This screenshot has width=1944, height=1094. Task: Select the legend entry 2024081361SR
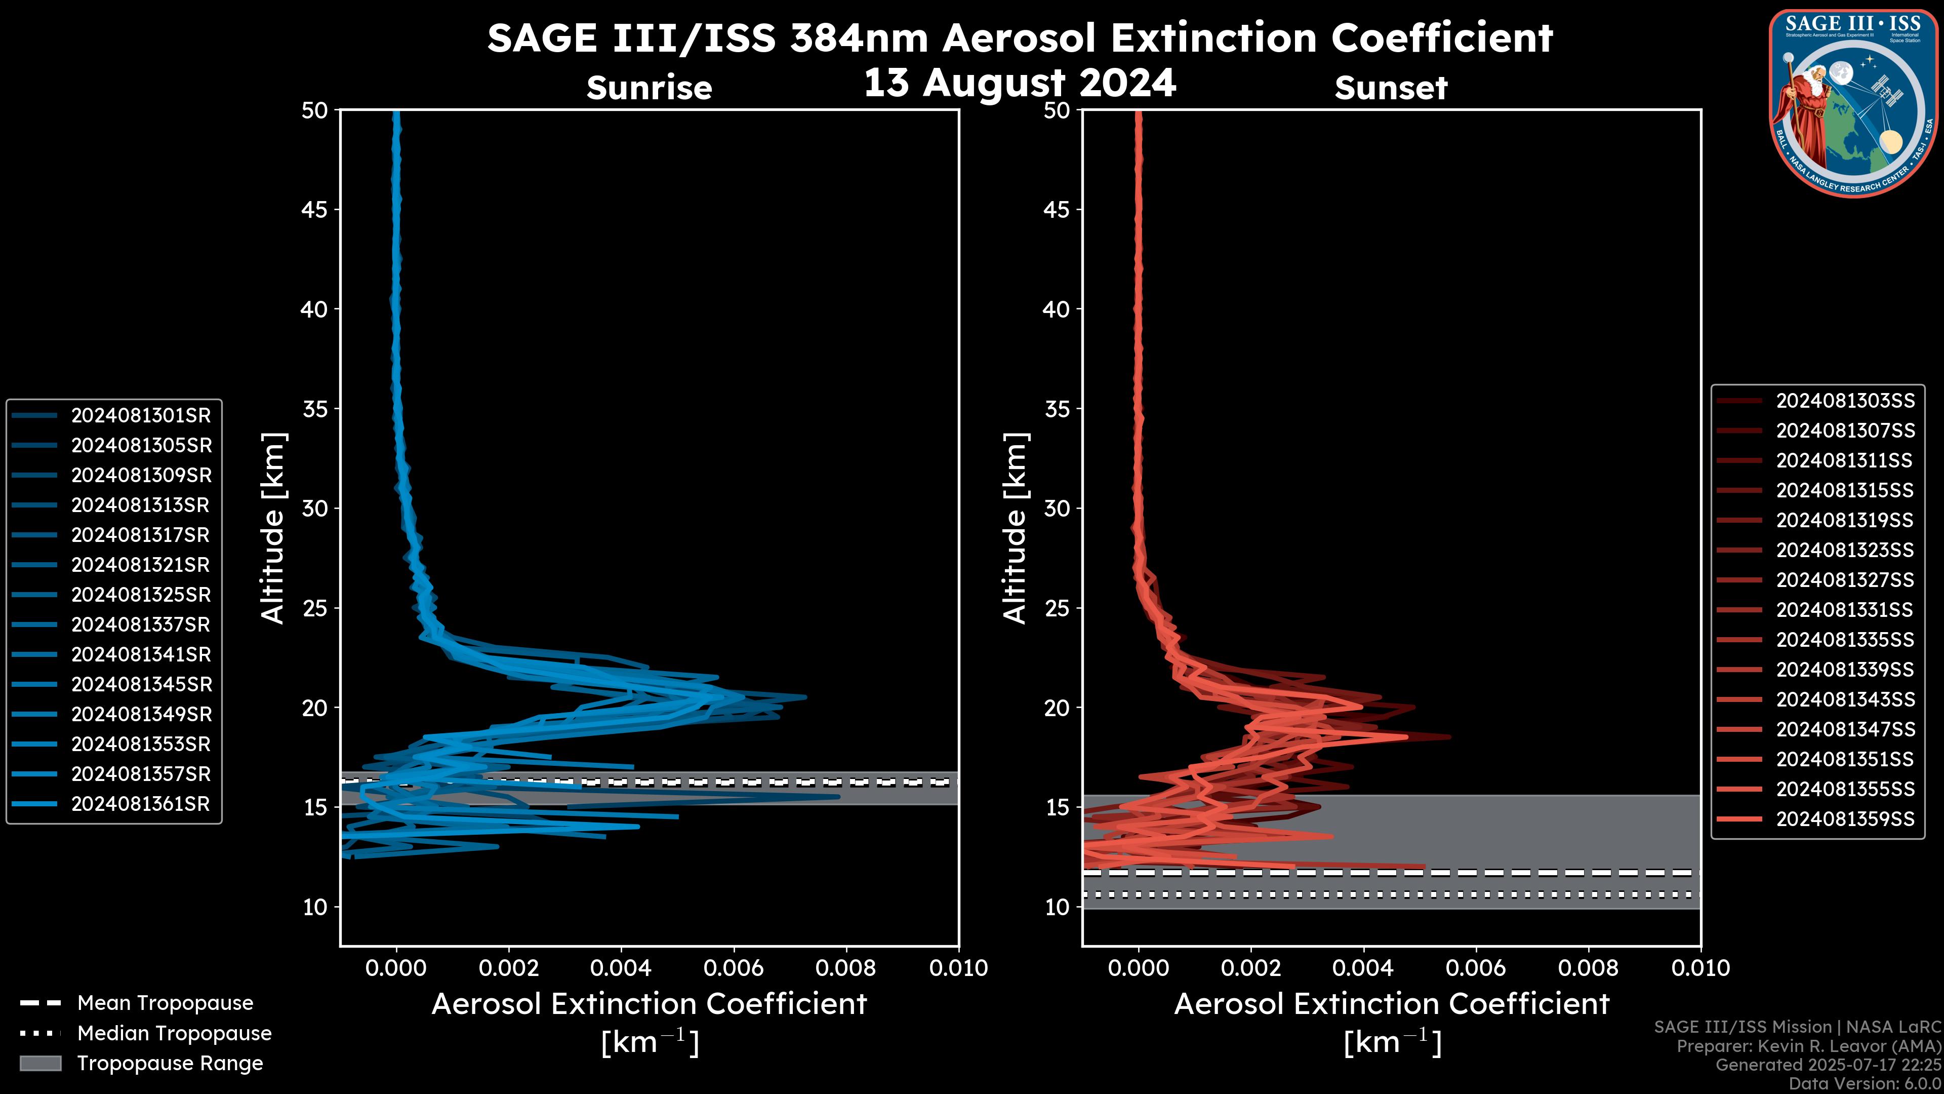(x=140, y=804)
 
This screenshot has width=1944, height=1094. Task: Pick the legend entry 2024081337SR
(x=140, y=624)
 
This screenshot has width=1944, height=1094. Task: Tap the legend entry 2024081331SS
(x=1844, y=610)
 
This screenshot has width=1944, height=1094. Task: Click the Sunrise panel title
(x=649, y=88)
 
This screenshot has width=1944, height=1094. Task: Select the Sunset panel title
(x=1391, y=88)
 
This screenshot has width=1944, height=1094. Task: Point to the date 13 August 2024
(x=1020, y=82)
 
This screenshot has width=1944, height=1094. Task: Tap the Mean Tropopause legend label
(x=165, y=1003)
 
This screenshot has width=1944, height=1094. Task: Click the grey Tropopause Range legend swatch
(x=40, y=1063)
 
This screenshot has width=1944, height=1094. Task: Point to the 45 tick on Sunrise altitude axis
(x=315, y=210)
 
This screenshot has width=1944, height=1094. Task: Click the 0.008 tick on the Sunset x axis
(x=1589, y=968)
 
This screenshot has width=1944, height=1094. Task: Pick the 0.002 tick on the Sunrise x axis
(x=509, y=968)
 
